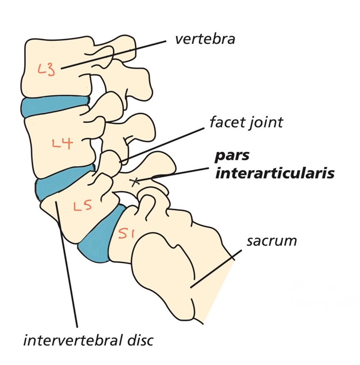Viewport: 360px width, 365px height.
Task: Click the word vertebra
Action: click(x=205, y=39)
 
